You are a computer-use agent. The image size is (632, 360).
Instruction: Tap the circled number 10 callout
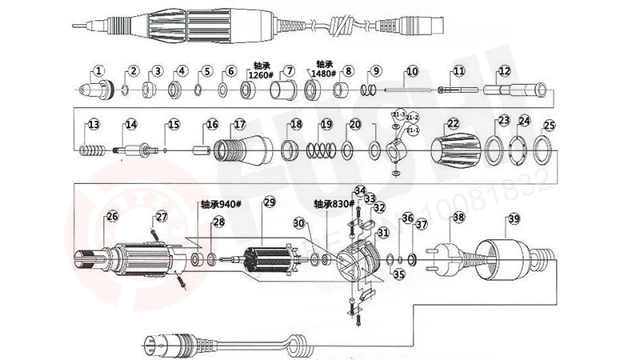(x=410, y=71)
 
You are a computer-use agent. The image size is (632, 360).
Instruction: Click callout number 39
(x=513, y=218)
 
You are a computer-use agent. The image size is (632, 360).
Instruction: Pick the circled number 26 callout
(x=112, y=215)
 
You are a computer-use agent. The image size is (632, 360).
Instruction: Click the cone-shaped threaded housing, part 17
(x=242, y=150)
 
